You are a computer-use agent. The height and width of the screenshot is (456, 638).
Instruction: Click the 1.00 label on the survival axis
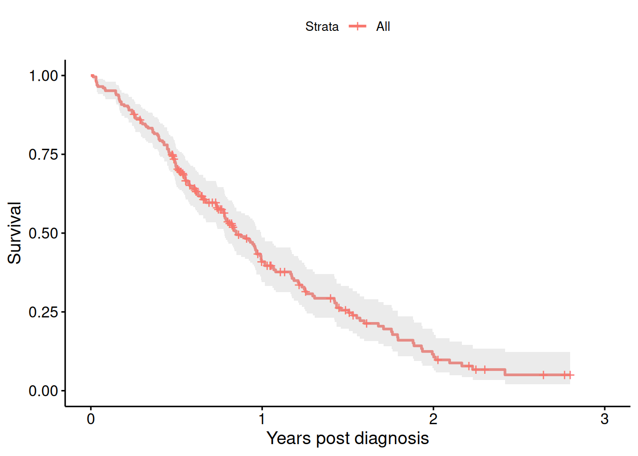(43, 76)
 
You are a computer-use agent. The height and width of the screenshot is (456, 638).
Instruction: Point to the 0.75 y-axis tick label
(43, 154)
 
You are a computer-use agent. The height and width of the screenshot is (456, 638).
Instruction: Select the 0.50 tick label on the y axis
(43, 233)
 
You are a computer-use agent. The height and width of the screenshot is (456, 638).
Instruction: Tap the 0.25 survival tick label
(43, 312)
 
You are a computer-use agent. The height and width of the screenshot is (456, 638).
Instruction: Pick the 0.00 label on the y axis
(43, 391)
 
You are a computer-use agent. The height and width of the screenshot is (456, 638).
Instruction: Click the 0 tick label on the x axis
(91, 419)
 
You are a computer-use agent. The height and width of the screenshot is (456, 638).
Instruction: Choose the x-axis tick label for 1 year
(262, 419)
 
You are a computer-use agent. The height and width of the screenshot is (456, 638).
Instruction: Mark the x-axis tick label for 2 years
(433, 419)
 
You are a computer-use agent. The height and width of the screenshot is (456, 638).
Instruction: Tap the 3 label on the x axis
(604, 419)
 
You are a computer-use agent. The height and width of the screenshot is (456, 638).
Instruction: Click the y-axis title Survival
(15, 233)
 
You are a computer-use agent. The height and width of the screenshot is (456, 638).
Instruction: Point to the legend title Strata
(322, 27)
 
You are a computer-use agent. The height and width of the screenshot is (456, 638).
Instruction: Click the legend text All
(383, 27)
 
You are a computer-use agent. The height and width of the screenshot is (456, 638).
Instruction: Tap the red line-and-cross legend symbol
(357, 26)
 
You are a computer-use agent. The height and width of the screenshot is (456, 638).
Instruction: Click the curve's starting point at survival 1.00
(92, 76)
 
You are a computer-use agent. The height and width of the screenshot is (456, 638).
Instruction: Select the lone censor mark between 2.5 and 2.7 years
(544, 375)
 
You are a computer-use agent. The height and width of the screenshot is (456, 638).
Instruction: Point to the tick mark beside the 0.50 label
(63, 233)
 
